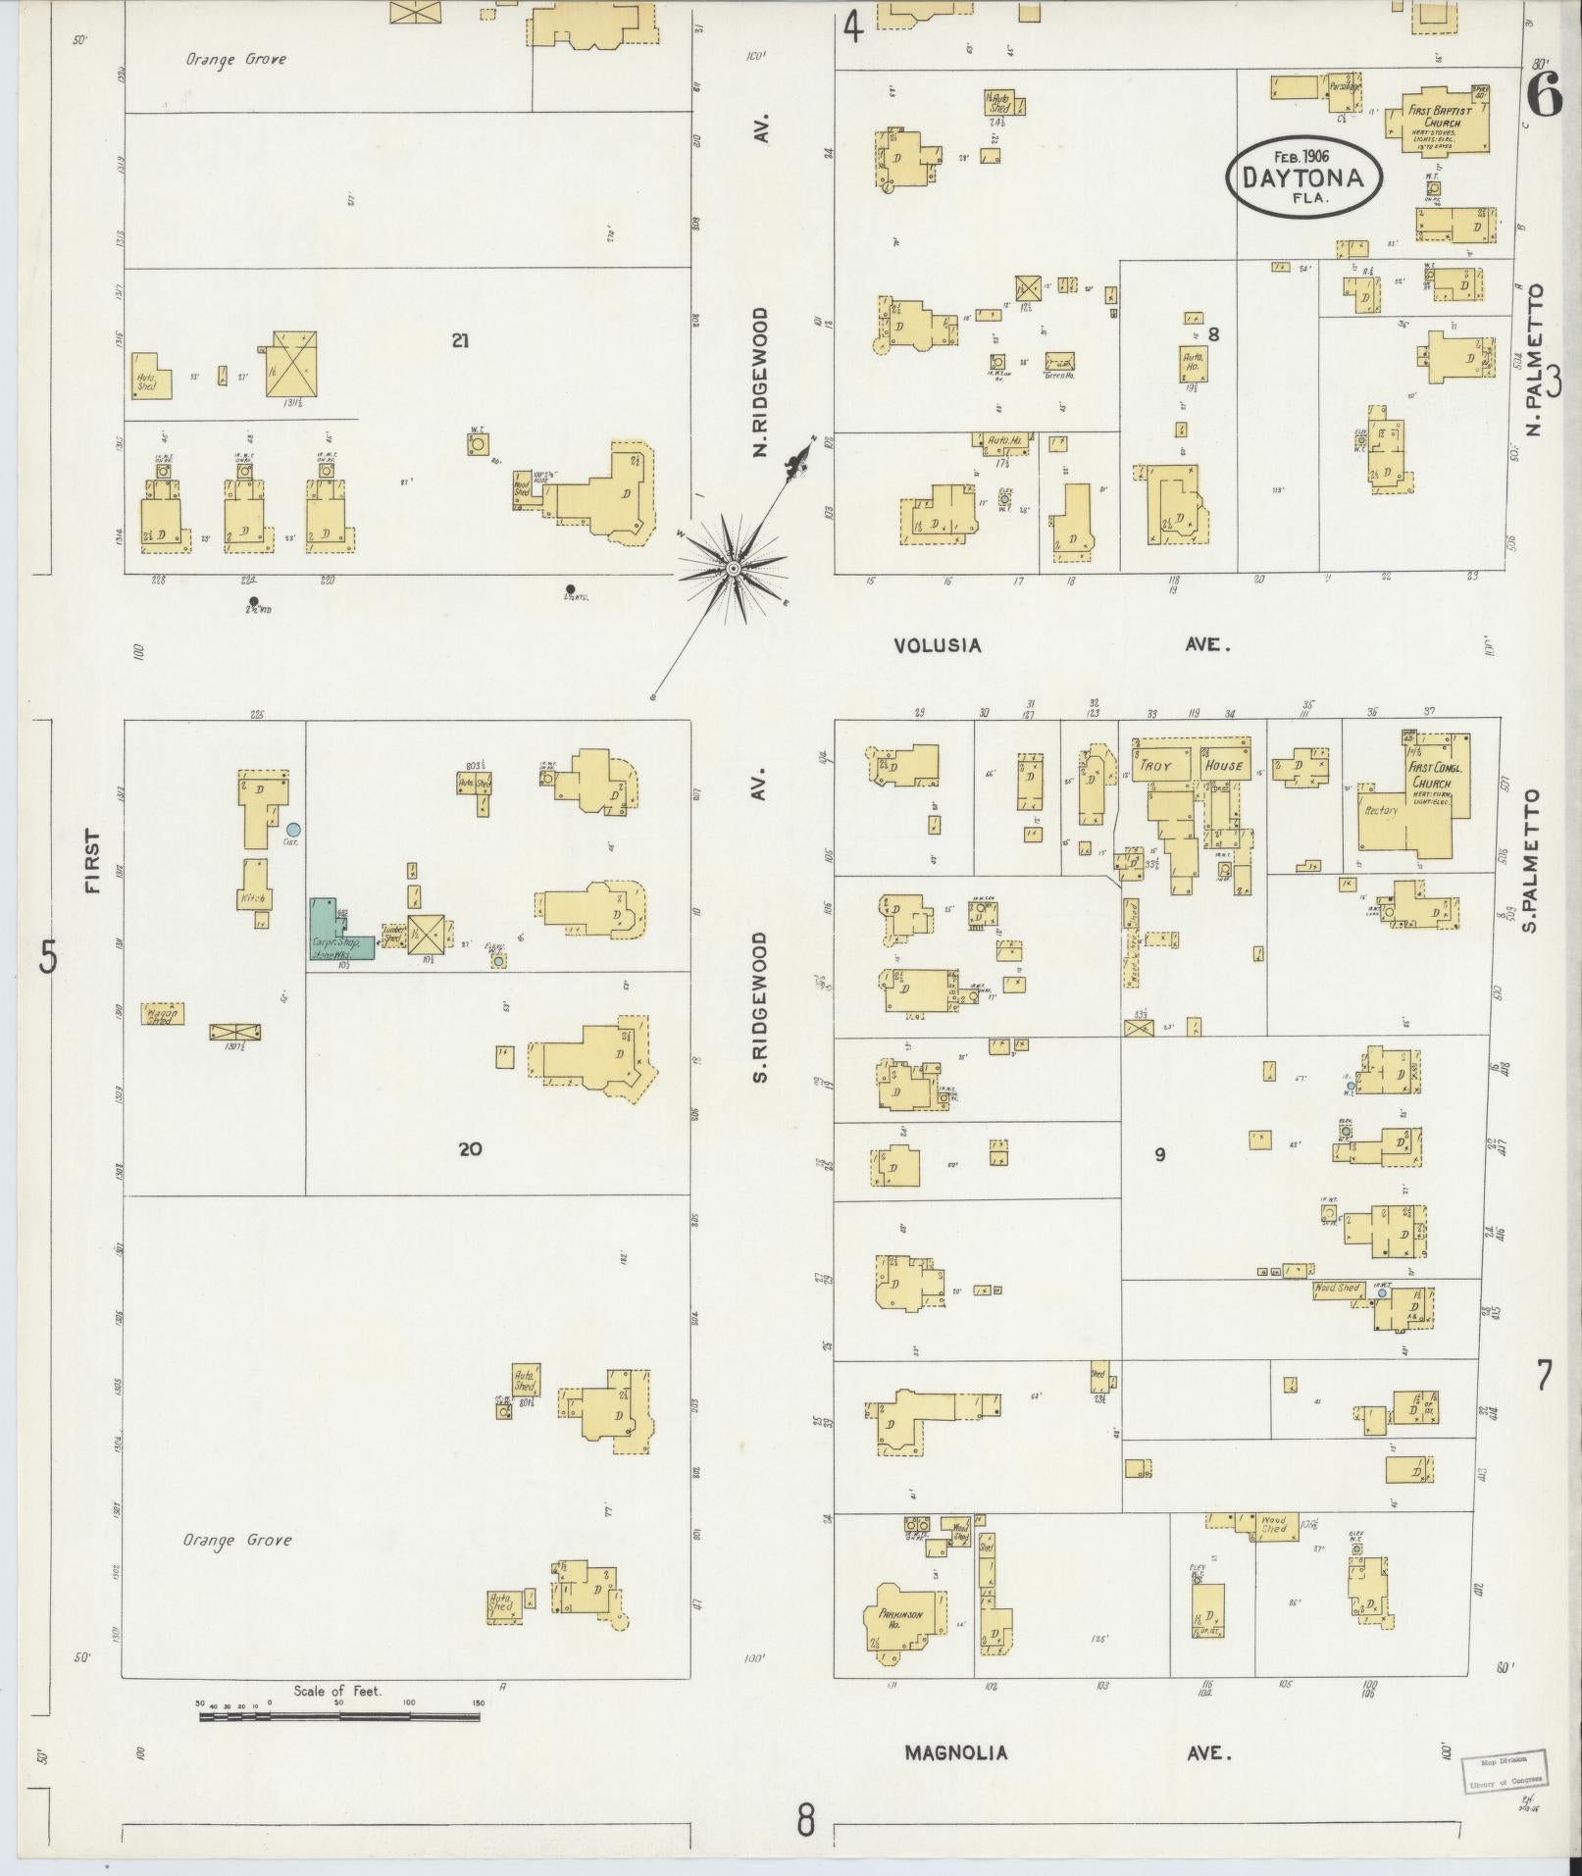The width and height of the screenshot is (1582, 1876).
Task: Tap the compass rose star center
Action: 732,568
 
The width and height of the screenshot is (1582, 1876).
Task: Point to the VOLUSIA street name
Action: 937,645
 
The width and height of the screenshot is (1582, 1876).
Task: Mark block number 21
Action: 460,340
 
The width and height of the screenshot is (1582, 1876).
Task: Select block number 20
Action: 470,1148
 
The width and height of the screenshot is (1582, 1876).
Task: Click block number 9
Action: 1159,1154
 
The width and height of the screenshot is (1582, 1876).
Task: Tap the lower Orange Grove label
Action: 237,1540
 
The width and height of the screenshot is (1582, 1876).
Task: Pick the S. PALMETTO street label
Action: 1532,860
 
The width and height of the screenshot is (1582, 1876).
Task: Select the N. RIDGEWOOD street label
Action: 760,382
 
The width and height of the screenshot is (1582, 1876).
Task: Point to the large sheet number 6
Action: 1546,95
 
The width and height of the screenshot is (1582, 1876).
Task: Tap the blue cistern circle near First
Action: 292,830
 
